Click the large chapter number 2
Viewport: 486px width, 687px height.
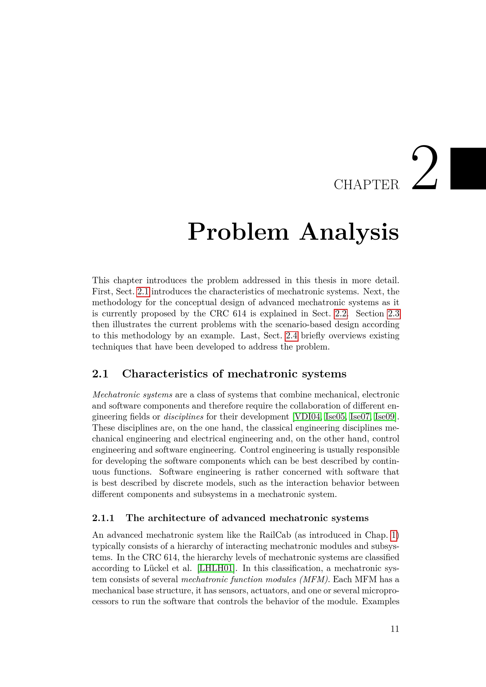[425, 168]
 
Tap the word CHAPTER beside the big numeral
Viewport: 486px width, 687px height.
[367, 185]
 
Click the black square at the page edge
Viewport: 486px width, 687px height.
[468, 169]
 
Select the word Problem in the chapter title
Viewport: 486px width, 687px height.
[238, 232]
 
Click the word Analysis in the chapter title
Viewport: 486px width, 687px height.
[349, 232]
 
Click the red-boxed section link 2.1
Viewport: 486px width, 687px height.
[143, 291]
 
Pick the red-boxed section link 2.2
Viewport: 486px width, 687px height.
[341, 314]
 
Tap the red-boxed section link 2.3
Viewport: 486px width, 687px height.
[393, 314]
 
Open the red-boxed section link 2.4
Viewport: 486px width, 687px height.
[291, 336]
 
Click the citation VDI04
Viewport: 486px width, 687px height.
[308, 416]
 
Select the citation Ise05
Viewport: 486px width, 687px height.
[335, 416]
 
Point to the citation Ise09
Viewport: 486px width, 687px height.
[385, 416]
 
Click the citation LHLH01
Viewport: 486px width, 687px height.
[216, 568]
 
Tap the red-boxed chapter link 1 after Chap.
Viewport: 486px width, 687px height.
[394, 535]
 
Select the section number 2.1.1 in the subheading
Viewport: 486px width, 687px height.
[103, 518]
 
